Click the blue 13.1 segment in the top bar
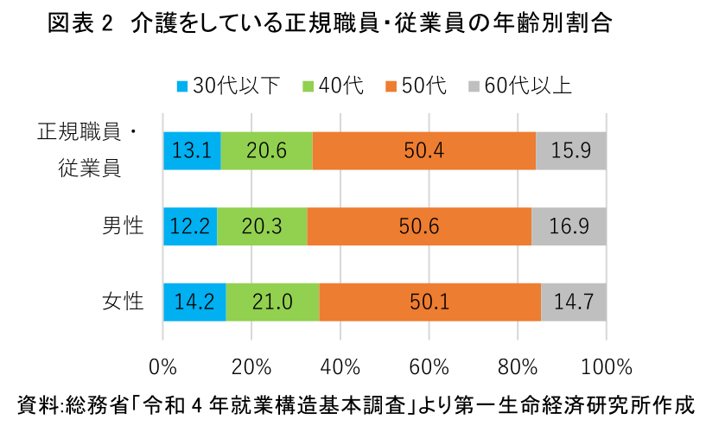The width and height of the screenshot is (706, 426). pos(192,151)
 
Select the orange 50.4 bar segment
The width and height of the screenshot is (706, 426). pos(423,151)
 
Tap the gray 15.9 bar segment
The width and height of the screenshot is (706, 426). pos(570,151)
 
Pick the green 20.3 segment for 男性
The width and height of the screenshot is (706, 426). pos(262,226)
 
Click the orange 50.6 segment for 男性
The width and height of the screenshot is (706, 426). pos(419,226)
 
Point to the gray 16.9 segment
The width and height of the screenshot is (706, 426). pos(569,226)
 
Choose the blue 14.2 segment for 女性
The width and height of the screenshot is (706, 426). pos(194,302)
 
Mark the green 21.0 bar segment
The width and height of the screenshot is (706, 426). pos(272,302)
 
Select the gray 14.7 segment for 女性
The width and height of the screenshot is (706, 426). pos(573,302)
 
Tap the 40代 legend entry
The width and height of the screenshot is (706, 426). pos(332,86)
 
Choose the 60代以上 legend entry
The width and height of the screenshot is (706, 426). pos(518,86)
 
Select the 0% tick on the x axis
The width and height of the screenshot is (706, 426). pos(163,366)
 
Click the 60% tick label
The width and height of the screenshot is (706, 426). pos(429,366)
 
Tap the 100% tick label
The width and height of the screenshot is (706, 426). pos(605,366)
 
